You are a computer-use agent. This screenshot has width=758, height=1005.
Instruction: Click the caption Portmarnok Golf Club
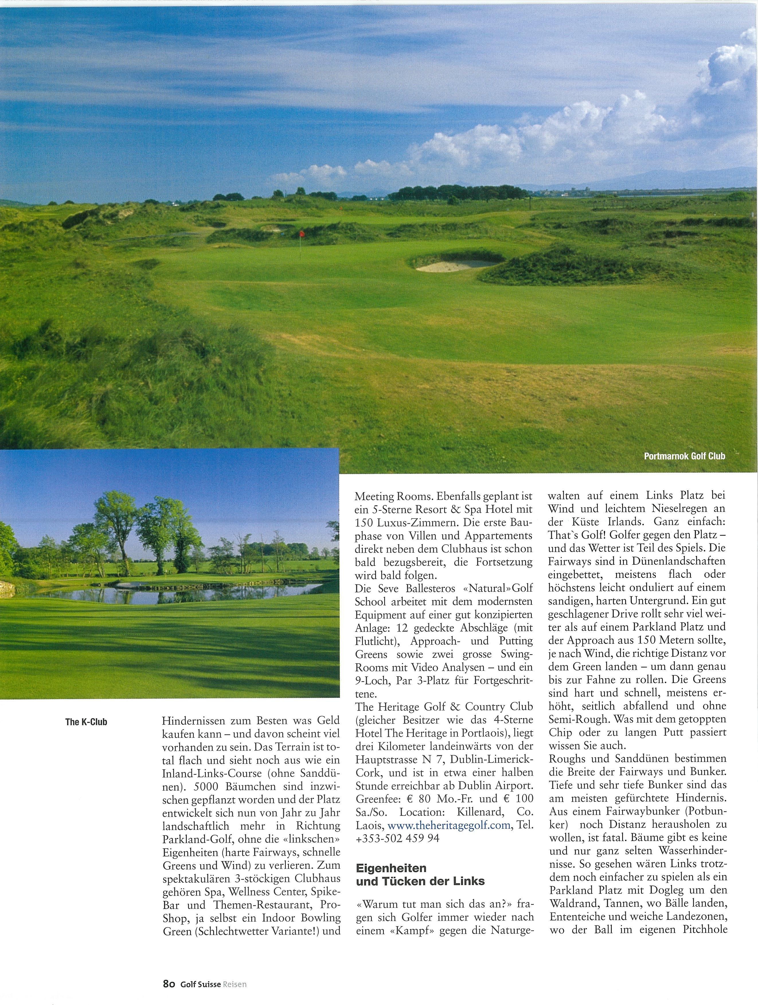coord(684,456)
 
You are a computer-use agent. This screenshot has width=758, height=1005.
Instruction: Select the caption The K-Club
coord(86,722)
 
